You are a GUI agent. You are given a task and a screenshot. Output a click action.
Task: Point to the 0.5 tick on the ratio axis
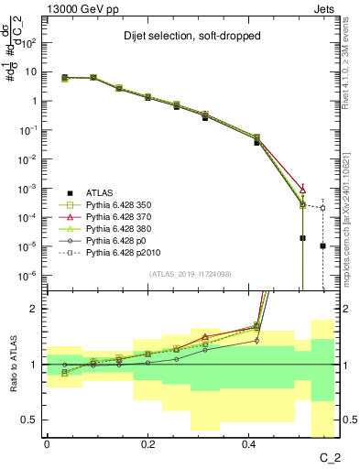click(32, 420)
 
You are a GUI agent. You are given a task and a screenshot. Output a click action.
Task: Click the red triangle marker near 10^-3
click(303, 189)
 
